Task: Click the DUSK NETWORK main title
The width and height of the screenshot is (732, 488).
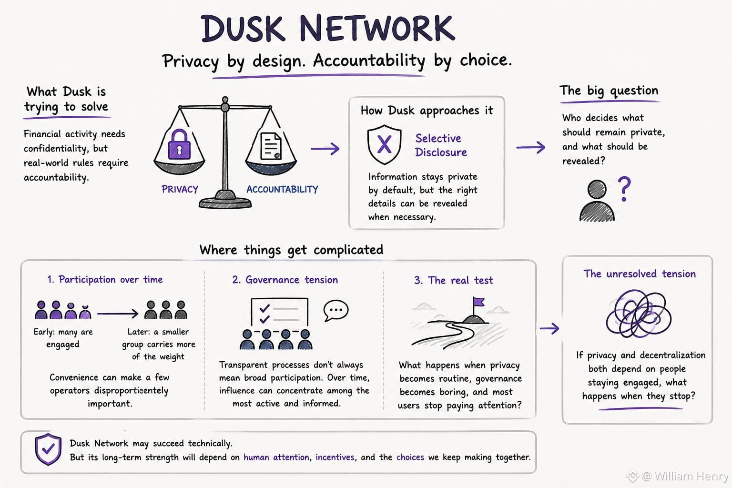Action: click(x=328, y=29)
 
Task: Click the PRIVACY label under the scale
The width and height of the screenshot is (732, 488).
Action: click(x=180, y=189)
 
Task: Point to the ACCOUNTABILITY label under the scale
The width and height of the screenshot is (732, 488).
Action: click(x=282, y=189)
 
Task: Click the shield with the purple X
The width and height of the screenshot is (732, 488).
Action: click(x=384, y=144)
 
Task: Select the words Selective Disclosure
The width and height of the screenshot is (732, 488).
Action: click(x=441, y=145)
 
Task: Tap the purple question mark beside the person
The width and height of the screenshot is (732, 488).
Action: click(x=624, y=189)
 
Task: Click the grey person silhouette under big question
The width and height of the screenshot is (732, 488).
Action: click(x=597, y=201)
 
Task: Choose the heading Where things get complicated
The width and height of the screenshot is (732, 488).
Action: click(x=291, y=250)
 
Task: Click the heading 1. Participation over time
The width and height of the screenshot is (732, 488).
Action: click(x=105, y=279)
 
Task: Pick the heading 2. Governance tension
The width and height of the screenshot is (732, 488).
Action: click(x=285, y=280)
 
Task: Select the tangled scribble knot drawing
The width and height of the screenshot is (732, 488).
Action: click(x=639, y=314)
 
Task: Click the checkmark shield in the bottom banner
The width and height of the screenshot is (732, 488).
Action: click(x=48, y=449)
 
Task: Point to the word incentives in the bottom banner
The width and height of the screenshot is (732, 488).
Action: click(x=335, y=457)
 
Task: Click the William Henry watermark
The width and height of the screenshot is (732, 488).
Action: click(x=677, y=476)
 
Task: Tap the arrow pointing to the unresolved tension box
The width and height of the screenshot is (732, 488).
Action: click(x=549, y=328)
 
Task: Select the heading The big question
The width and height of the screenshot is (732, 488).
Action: click(x=609, y=91)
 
